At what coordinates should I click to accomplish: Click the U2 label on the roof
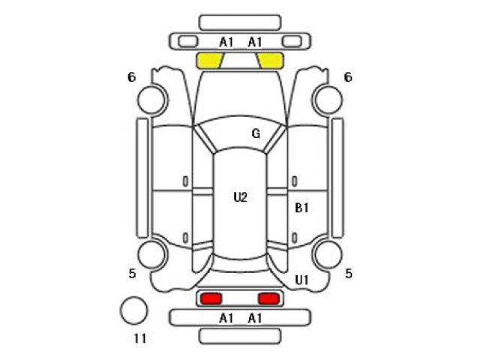pyautogui.click(x=240, y=197)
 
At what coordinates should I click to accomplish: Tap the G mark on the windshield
pyautogui.click(x=256, y=133)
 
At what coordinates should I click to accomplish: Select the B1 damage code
pyautogui.click(x=301, y=208)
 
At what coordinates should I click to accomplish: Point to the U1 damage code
pyautogui.click(x=301, y=280)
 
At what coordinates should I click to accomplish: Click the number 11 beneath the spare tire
pyautogui.click(x=140, y=338)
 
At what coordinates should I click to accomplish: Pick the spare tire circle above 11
pyautogui.click(x=133, y=310)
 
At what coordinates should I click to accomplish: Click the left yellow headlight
pyautogui.click(x=210, y=60)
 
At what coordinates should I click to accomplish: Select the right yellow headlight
pyautogui.click(x=270, y=60)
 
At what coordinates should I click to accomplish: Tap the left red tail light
pyautogui.click(x=211, y=298)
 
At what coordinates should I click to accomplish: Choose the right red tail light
pyautogui.click(x=268, y=298)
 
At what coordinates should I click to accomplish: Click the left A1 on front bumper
pyautogui.click(x=226, y=42)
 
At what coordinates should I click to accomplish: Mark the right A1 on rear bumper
pyautogui.click(x=255, y=318)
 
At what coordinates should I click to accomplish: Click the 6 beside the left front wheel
pyautogui.click(x=132, y=77)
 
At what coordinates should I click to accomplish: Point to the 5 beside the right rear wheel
pyautogui.click(x=349, y=273)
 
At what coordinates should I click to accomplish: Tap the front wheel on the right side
pyautogui.click(x=328, y=100)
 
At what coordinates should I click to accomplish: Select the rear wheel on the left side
pyautogui.click(x=152, y=255)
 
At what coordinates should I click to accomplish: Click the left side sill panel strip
pyautogui.click(x=142, y=178)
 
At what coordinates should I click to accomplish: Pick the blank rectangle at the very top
pyautogui.click(x=240, y=22)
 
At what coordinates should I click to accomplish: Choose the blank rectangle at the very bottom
pyautogui.click(x=240, y=336)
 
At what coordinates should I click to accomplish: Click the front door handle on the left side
pyautogui.click(x=185, y=181)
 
